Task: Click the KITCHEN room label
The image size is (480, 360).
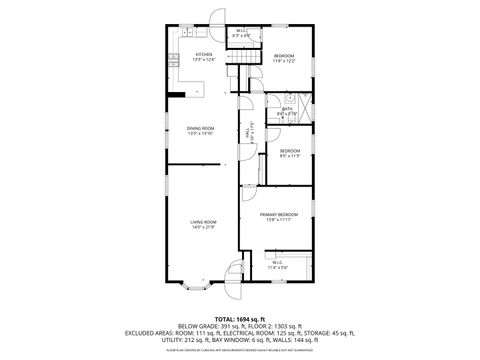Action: pyautogui.click(x=204, y=55)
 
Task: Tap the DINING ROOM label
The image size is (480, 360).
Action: pyautogui.click(x=201, y=128)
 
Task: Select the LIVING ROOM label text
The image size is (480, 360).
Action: pyautogui.click(x=203, y=222)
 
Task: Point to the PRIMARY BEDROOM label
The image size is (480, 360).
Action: pyautogui.click(x=279, y=215)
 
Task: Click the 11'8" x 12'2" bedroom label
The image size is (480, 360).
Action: pyautogui.click(x=285, y=57)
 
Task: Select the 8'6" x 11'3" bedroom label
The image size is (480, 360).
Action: pyautogui.click(x=289, y=152)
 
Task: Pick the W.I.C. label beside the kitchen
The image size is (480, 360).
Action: pyautogui.click(x=241, y=32)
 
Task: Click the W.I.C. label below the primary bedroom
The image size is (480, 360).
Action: pyautogui.click(x=277, y=264)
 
